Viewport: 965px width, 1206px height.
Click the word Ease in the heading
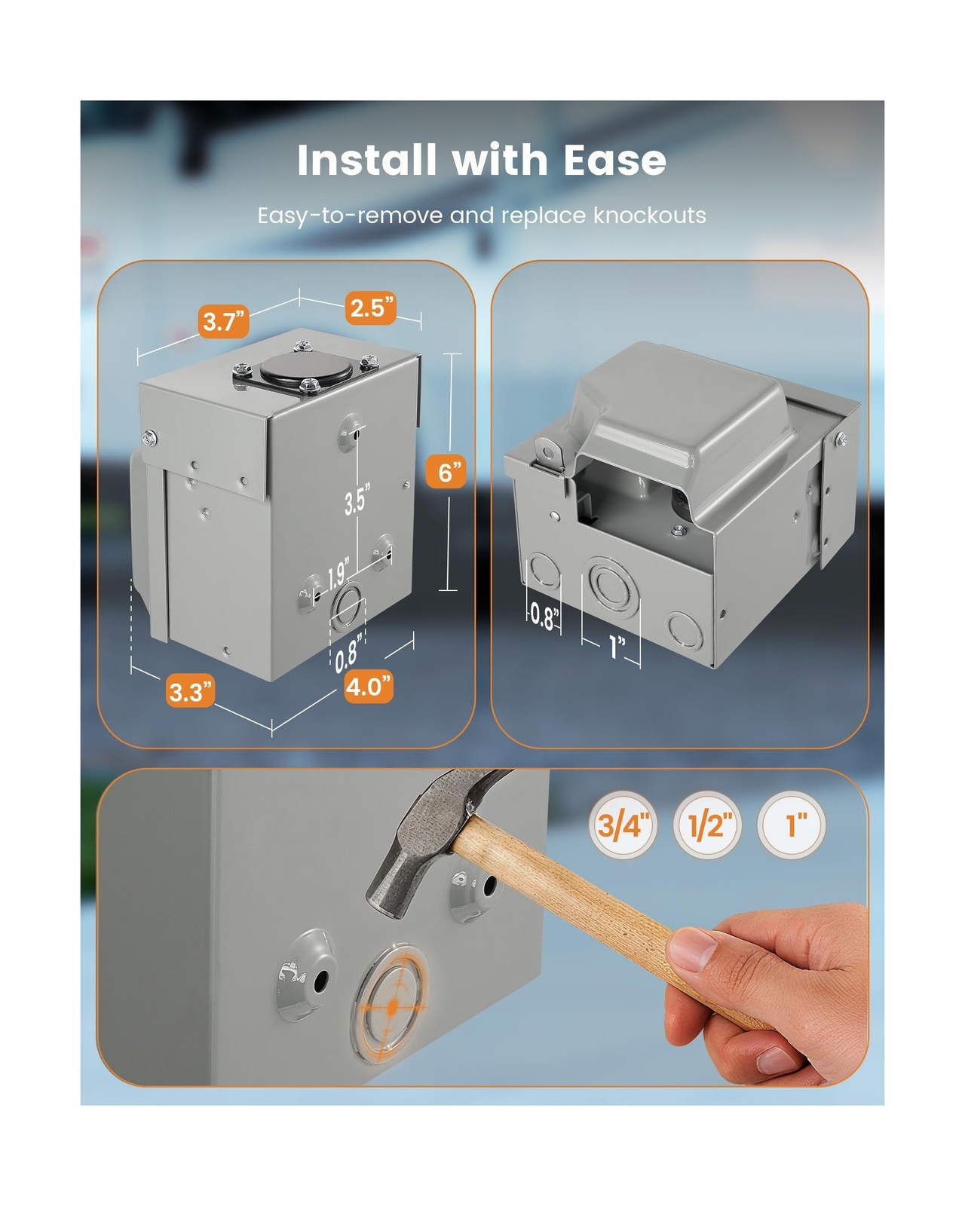[614, 160]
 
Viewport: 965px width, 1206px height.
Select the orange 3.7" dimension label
[224, 322]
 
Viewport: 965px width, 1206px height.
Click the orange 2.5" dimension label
[371, 308]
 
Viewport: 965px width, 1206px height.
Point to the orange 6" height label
[446, 472]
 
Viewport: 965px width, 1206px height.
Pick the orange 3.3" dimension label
[190, 691]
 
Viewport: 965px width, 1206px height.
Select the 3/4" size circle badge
[623, 825]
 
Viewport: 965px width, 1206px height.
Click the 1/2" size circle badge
[707, 825]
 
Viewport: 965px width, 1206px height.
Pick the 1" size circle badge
[791, 825]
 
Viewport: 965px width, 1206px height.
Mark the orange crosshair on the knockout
[393, 1006]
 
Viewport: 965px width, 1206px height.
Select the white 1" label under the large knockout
[617, 646]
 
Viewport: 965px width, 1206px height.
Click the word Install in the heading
[366, 160]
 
